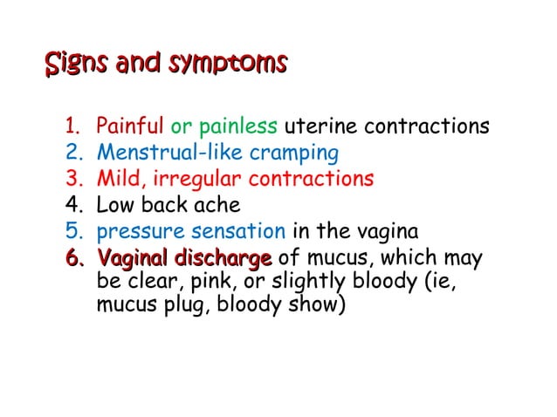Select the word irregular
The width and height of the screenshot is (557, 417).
pyautogui.click(x=197, y=181)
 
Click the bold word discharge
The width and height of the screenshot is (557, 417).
pyautogui.click(x=223, y=259)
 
